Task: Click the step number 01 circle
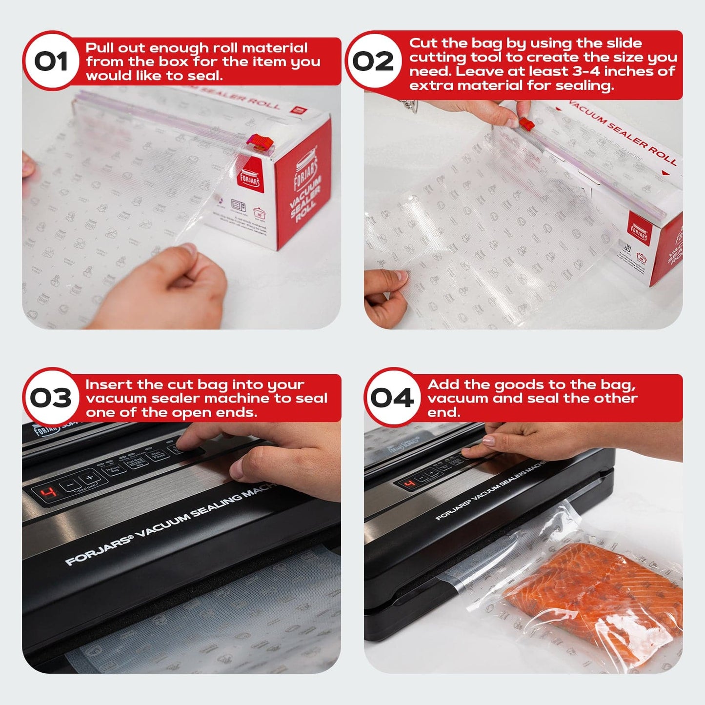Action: (x=51, y=61)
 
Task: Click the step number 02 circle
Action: (x=373, y=61)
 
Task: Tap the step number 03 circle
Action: (x=51, y=398)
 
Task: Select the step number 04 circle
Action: (x=392, y=398)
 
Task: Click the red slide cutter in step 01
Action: (x=261, y=142)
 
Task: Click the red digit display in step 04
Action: (x=410, y=483)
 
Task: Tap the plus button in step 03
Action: (x=89, y=478)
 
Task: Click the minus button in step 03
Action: (x=71, y=485)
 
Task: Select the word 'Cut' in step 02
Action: (x=423, y=43)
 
